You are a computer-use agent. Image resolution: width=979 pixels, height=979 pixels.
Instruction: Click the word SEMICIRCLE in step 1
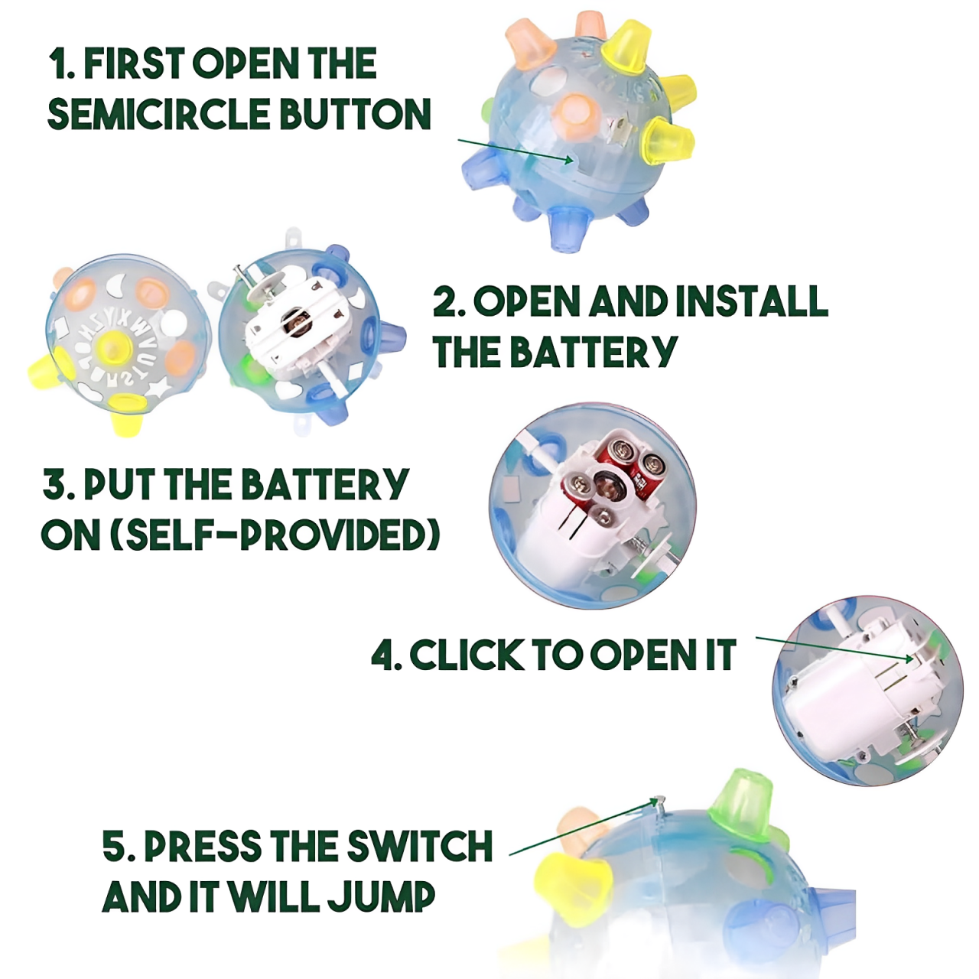tap(158, 114)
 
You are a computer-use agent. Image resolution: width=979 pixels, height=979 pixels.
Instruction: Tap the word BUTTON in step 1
tap(355, 114)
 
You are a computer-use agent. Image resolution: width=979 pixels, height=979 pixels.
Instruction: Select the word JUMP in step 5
tap(382, 897)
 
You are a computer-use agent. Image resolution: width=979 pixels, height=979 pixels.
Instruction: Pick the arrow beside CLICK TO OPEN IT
tap(834, 649)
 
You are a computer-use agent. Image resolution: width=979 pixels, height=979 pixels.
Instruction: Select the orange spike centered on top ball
tap(574, 115)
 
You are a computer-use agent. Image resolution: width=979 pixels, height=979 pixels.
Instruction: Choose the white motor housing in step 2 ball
tap(294, 325)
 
